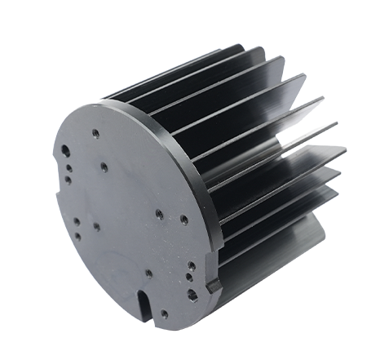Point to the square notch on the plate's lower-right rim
tap(214, 287)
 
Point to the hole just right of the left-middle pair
tap(95, 225)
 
